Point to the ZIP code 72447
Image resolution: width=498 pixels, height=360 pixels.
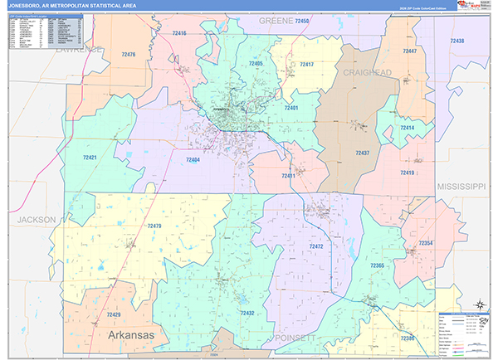pos(410,51)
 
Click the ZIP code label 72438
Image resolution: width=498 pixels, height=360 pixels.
pos(456,41)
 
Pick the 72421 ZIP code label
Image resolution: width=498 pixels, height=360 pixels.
pos(90,157)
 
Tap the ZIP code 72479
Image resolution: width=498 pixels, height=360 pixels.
pos(155,226)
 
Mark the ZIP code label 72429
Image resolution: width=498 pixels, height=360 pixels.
pos(113,315)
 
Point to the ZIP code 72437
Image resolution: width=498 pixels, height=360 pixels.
pos(363,153)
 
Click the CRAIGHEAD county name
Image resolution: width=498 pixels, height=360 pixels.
pos(367,74)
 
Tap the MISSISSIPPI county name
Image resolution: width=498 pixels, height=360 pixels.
pos(461,187)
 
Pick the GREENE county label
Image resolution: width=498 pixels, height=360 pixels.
pos(276,19)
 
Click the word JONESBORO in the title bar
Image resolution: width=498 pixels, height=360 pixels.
pos(27,6)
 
